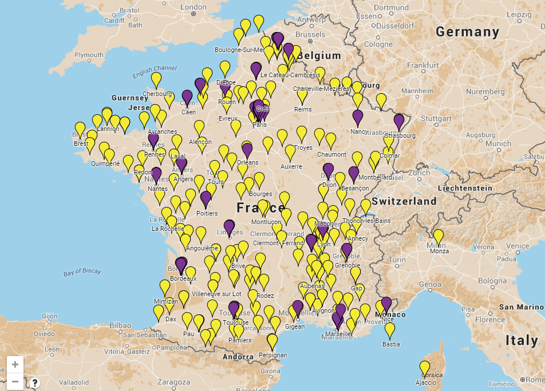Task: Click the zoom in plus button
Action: click(15, 364)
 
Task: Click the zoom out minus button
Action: click(15, 381)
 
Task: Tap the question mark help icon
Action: click(35, 383)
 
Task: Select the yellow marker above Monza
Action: click(438, 236)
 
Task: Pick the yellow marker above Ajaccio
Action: click(424, 367)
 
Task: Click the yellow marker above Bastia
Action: click(390, 329)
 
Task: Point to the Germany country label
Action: click(467, 32)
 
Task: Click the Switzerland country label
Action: click(404, 201)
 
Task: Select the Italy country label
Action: click(522, 341)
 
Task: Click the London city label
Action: click(193, 7)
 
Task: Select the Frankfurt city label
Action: click(422, 65)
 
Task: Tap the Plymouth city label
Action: click(89, 55)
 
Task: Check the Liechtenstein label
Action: click(465, 187)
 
